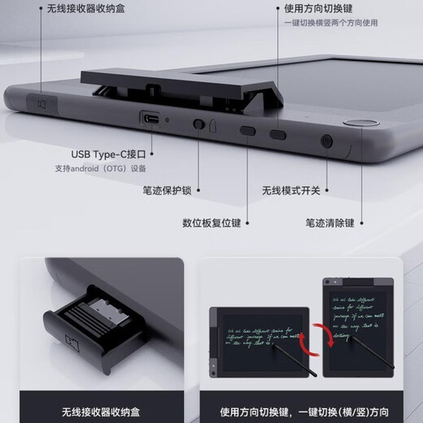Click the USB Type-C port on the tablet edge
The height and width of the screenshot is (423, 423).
click(151, 119)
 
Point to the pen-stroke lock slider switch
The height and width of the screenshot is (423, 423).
click(198, 125)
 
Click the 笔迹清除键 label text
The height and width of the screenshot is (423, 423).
click(330, 222)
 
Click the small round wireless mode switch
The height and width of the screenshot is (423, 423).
click(327, 141)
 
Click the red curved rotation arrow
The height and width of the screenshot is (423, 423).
click(318, 334)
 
